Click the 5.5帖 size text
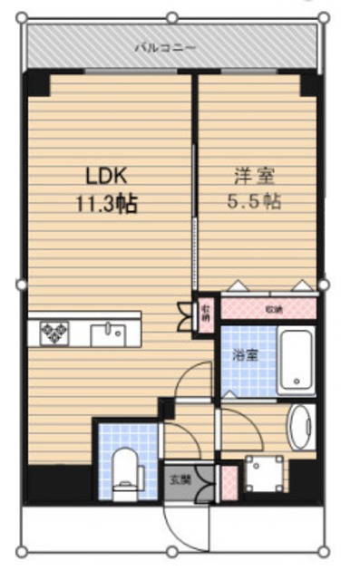(254, 201)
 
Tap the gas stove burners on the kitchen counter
(53, 333)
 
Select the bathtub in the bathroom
(297, 361)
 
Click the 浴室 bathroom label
(246, 355)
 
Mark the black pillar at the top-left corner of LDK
(37, 83)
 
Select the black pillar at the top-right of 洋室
(310, 83)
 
